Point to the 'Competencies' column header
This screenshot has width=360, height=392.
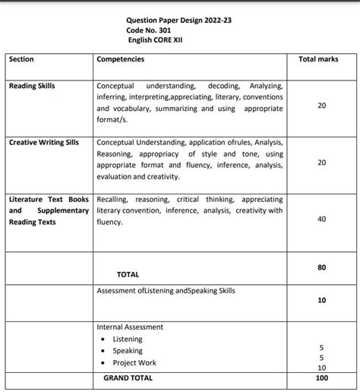123,58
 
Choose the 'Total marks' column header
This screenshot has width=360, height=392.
319,58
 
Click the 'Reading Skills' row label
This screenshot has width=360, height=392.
32,86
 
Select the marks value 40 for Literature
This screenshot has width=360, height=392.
322,219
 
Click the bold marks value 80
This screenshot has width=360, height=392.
322,267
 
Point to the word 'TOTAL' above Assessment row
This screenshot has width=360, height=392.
128,274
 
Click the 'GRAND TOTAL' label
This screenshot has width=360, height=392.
128,378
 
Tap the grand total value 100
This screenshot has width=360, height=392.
322,378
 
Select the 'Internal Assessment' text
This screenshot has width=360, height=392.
130,327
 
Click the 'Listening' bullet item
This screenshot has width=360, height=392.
127,339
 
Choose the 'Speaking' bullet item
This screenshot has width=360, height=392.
128,351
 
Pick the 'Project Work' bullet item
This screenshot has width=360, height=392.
134,363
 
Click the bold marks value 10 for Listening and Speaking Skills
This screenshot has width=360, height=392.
322,300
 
